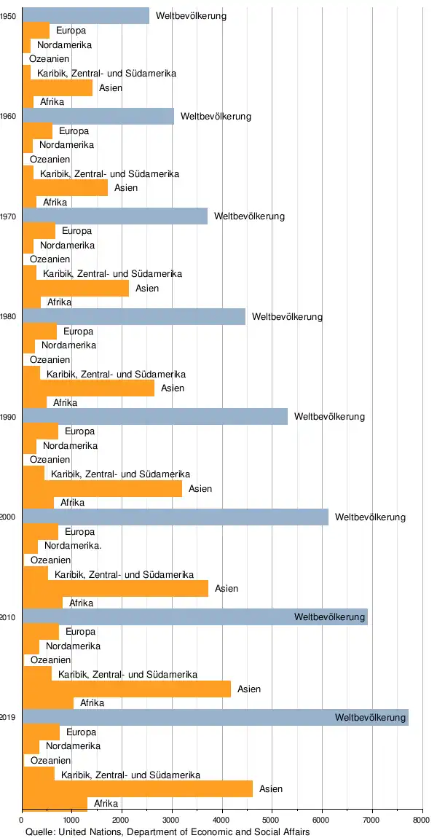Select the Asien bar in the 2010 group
[127, 689]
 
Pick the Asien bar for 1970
[76, 288]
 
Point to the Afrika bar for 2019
[55, 803]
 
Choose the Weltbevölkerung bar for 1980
[134, 316]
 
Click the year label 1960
[9, 116]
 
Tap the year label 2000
[9, 517]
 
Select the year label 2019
[9, 718]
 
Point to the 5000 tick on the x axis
[272, 820]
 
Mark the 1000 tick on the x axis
[71, 820]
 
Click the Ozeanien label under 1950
[50, 59]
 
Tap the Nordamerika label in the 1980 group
[68, 345]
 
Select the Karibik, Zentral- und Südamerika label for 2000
[124, 574]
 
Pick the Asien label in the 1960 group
[126, 188]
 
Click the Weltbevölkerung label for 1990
[329, 417]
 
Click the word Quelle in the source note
[39, 831]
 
